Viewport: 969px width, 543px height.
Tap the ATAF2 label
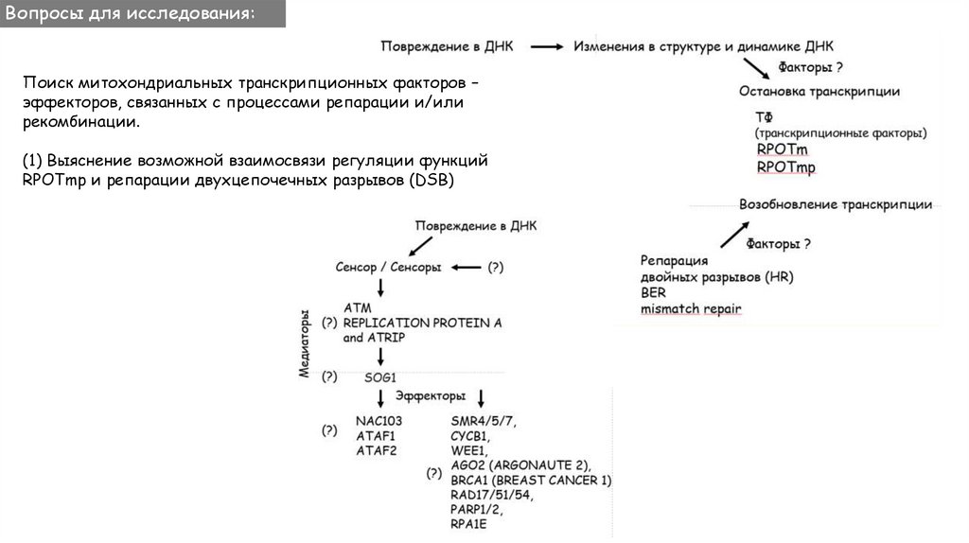376,450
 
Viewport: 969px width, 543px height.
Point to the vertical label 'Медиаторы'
305,342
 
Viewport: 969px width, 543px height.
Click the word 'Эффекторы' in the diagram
431,395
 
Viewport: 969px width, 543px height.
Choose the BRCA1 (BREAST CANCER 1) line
531,481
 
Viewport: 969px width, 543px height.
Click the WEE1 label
469,450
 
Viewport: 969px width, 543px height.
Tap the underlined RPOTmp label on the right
785,167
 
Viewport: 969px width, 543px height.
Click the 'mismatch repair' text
691,308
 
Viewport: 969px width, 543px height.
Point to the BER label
653,293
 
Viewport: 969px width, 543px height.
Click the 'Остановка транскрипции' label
819,92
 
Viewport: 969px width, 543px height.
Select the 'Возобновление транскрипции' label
836,204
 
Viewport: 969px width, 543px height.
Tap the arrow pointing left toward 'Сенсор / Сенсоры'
465,268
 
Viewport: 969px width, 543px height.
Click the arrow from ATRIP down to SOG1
379,357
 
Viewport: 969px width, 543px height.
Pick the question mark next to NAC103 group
329,430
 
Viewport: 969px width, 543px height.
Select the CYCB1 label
470,435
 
